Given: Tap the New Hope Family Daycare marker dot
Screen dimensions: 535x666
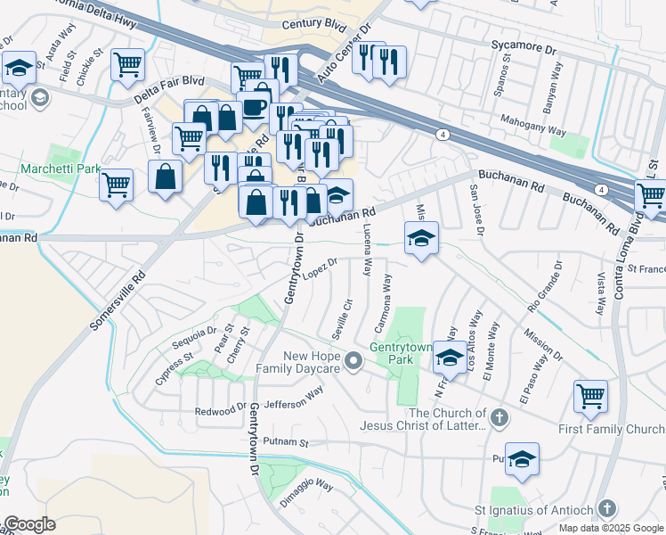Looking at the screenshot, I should coord(354,361).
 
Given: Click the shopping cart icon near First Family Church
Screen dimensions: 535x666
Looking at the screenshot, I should coord(589,395).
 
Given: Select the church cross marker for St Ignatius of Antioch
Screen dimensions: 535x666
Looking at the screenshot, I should coord(606,509).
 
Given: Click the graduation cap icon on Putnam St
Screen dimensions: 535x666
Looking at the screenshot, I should coord(523,458).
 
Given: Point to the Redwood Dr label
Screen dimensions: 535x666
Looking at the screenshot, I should coord(221,410).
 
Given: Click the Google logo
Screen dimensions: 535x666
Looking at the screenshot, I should coord(29,524).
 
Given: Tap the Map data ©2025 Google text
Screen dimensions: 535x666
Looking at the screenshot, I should coord(612,528).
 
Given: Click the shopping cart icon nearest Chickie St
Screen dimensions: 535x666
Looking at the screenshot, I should coord(128,64).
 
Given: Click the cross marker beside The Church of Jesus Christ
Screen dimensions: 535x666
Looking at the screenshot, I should coord(499,416).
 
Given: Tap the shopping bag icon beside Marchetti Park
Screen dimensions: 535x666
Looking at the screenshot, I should coord(166,177).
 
